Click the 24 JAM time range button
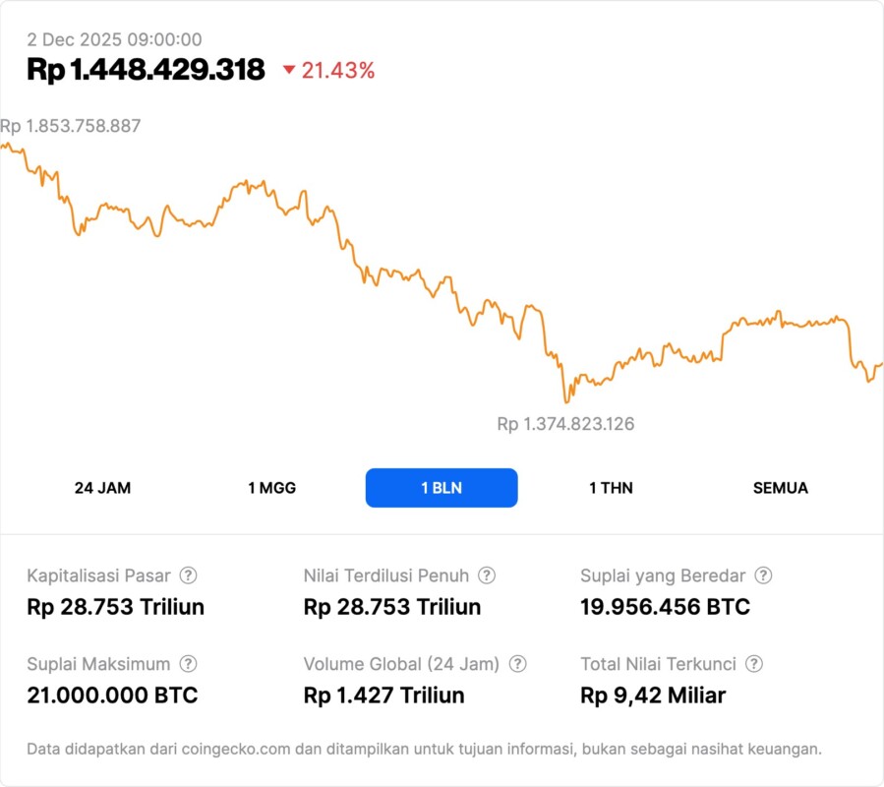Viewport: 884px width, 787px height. tap(102, 488)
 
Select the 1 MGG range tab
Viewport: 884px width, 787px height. tap(271, 488)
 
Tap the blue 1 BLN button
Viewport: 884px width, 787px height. tap(442, 488)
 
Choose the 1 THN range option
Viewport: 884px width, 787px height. tap(611, 488)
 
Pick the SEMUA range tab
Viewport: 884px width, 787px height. tap(781, 488)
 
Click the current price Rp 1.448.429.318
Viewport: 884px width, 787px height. tap(146, 70)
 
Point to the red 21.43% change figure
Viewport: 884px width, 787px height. tap(338, 70)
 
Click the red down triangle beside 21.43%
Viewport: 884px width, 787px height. tap(289, 70)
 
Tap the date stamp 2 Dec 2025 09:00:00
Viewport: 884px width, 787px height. tap(114, 39)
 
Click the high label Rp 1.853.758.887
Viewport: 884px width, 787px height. tap(71, 126)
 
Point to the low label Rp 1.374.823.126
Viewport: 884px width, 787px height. tap(565, 424)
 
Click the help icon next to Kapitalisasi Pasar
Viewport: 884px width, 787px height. tap(188, 575)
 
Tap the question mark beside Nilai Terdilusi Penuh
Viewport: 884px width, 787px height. tap(487, 575)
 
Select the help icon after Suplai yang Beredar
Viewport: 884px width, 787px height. tap(763, 575)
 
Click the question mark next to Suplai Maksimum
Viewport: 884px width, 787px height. tap(188, 664)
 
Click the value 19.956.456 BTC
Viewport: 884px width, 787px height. tap(665, 607)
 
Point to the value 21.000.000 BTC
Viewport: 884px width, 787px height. tap(112, 696)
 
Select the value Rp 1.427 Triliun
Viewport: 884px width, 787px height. tap(383, 696)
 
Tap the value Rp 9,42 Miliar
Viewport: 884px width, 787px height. tap(653, 696)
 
